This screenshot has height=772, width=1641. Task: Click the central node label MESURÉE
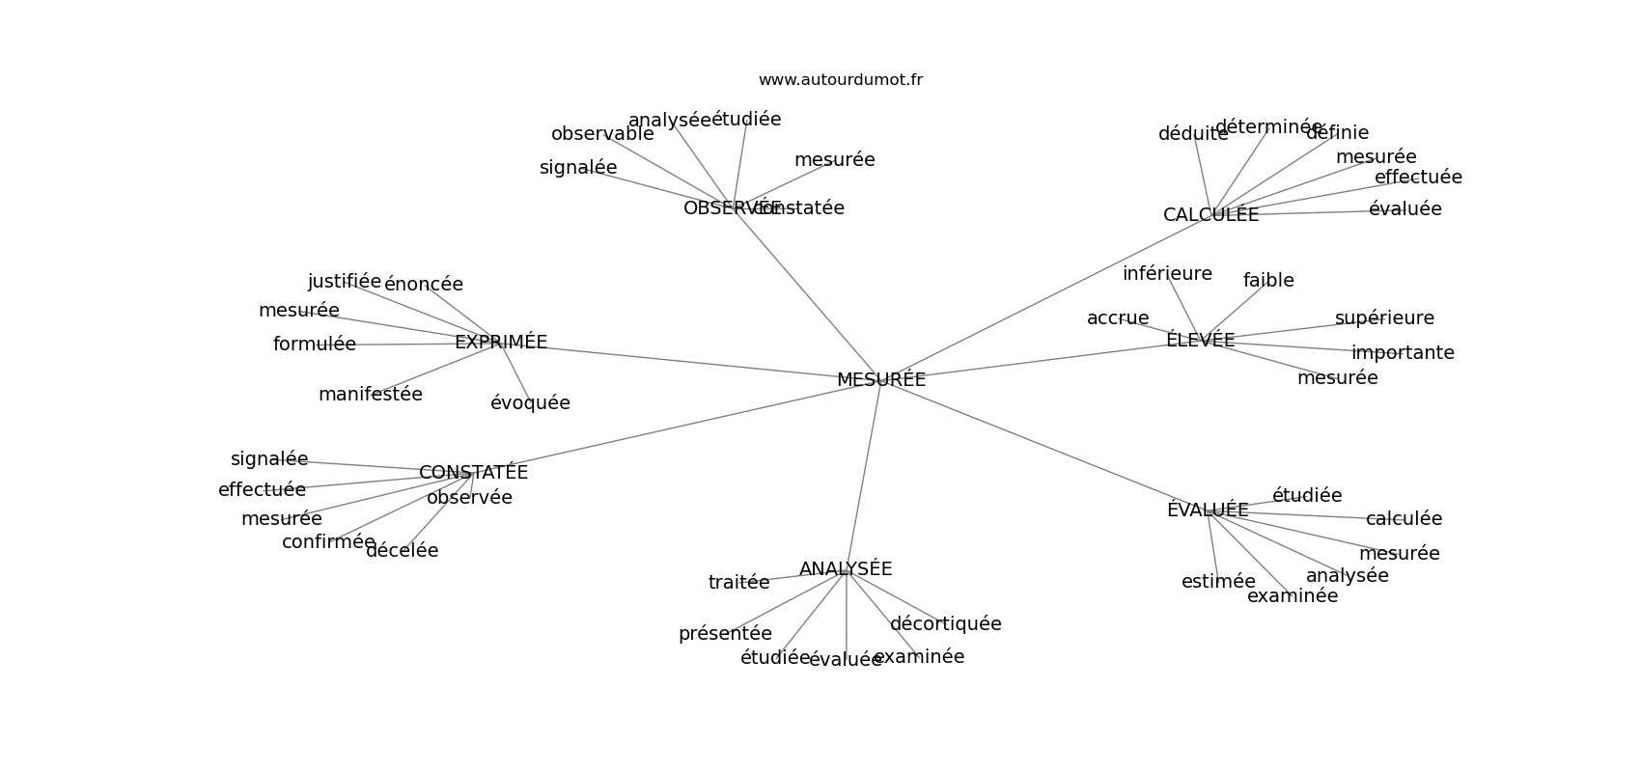tap(880, 380)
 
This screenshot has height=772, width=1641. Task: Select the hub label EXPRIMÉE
tap(500, 343)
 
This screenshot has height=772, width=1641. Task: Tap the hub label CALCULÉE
tap(1210, 215)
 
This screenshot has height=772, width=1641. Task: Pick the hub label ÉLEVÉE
tap(1200, 340)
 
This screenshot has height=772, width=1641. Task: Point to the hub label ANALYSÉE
tap(846, 569)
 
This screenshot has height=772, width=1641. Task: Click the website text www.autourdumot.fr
tap(840, 80)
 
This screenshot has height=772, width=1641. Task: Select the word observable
tap(602, 134)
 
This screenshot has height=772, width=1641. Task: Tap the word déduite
tap(1193, 134)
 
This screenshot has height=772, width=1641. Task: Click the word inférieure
tap(1167, 274)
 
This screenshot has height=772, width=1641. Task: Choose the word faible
tap(1268, 281)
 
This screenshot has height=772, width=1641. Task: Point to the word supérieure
tap(1384, 318)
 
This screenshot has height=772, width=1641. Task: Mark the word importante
tap(1403, 353)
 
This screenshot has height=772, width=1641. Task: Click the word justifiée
tap(345, 282)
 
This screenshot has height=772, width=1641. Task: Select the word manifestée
tap(370, 395)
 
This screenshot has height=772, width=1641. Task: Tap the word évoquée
tap(530, 403)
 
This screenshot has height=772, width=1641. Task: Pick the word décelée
tap(402, 551)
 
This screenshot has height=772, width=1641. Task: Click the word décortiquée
tap(945, 624)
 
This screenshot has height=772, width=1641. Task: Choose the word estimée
tap(1218, 582)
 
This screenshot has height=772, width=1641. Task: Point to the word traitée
tap(738, 583)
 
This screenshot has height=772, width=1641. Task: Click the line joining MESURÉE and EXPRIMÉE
tap(676, 360)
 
